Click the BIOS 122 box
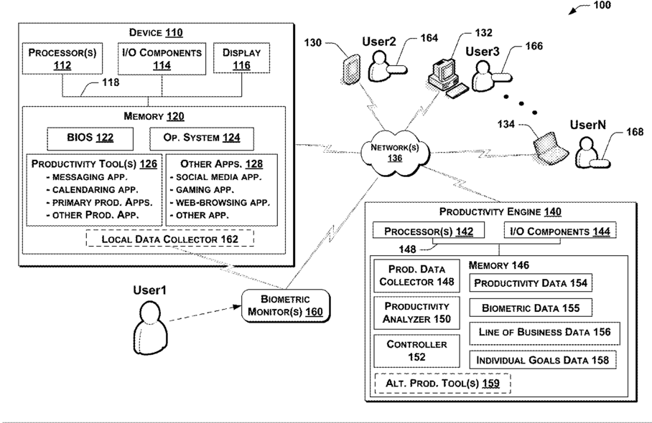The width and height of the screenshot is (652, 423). tap(90, 138)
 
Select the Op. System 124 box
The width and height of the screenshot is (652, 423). tap(202, 138)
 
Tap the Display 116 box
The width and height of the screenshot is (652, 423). tap(241, 59)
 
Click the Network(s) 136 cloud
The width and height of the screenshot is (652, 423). tap(395, 152)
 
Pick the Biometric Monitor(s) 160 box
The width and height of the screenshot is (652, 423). tap(286, 306)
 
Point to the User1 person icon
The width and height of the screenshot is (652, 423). tap(150, 328)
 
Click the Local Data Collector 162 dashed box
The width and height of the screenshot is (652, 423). tap(169, 239)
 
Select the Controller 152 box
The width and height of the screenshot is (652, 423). tap(416, 351)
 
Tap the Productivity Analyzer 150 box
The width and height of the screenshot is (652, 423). tap(416, 313)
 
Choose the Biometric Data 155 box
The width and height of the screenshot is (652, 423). tap(531, 308)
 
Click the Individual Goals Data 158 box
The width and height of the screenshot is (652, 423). tap(543, 360)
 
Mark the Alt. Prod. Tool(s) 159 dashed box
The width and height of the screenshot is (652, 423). tap(443, 383)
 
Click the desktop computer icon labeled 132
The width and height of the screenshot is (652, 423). tap(448, 78)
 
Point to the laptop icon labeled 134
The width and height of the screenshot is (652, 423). tap(551, 148)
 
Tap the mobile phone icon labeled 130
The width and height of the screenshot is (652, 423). tap(351, 70)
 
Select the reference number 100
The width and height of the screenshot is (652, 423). tap(602, 5)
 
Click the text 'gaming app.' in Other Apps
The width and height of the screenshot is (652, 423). tap(205, 190)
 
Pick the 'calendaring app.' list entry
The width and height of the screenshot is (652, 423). tap(96, 190)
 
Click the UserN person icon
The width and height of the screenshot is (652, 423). tap(592, 153)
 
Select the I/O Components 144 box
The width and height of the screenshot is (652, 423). tap(560, 231)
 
